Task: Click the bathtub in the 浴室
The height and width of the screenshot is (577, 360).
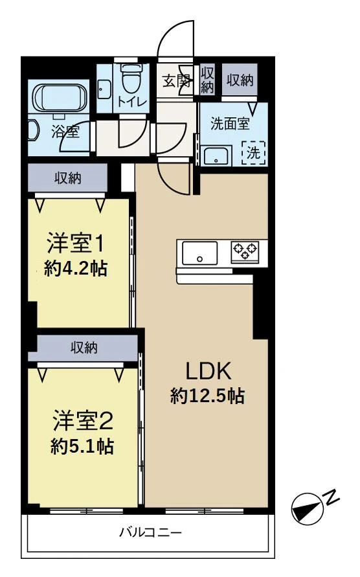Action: tap(61, 96)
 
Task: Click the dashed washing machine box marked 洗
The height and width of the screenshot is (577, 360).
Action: tap(254, 152)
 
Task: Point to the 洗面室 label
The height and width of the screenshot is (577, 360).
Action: tap(230, 124)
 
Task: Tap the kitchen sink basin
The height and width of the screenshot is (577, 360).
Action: tap(200, 253)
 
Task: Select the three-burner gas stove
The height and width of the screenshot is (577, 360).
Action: tap(245, 251)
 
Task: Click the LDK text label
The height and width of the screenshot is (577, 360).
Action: tap(208, 371)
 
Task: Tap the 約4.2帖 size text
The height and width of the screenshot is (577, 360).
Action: tap(76, 268)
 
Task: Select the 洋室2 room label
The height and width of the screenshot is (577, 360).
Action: tap(83, 420)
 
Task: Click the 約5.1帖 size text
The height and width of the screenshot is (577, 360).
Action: tap(82, 446)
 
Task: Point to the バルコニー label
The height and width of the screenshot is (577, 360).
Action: tap(150, 532)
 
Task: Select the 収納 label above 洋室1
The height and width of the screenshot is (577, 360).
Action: tap(68, 179)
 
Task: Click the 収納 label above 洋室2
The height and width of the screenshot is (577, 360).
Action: tap(84, 347)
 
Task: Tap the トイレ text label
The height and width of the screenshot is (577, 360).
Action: tap(132, 102)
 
